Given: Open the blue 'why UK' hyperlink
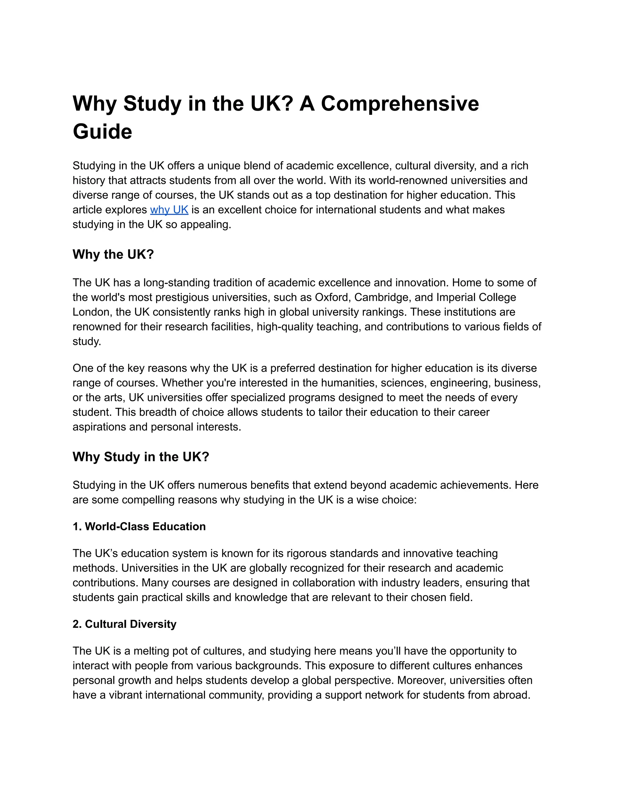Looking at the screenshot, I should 169,210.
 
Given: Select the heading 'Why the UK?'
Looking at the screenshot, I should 113,254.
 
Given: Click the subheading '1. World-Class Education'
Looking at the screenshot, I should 139,526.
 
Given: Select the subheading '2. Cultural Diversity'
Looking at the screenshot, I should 124,624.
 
